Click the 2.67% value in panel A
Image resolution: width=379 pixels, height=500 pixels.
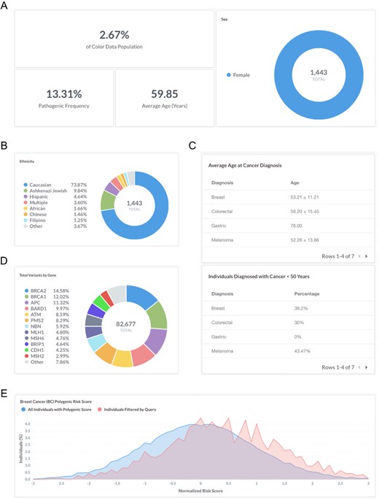click(x=114, y=36)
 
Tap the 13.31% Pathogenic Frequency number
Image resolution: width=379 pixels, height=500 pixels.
click(x=65, y=93)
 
